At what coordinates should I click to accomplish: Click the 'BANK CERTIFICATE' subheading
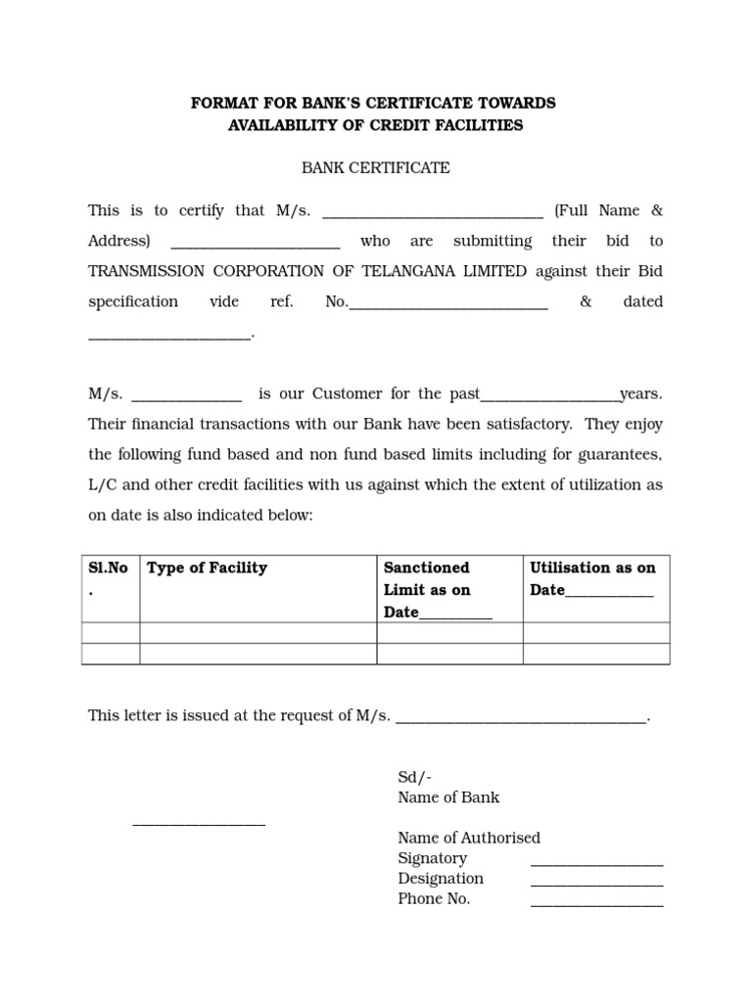375,168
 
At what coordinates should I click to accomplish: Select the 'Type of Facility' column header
207,568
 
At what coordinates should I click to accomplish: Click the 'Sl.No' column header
108,569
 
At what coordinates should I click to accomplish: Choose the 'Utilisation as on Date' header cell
592,578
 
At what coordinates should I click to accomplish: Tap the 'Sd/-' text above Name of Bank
413,777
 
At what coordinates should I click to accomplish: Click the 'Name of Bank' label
448,797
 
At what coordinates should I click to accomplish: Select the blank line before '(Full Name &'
432,214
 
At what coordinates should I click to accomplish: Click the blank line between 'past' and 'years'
550,397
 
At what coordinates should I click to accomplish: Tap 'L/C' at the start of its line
104,485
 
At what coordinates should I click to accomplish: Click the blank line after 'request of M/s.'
521,719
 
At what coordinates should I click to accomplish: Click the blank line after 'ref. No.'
448,305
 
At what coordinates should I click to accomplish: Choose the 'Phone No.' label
434,899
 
